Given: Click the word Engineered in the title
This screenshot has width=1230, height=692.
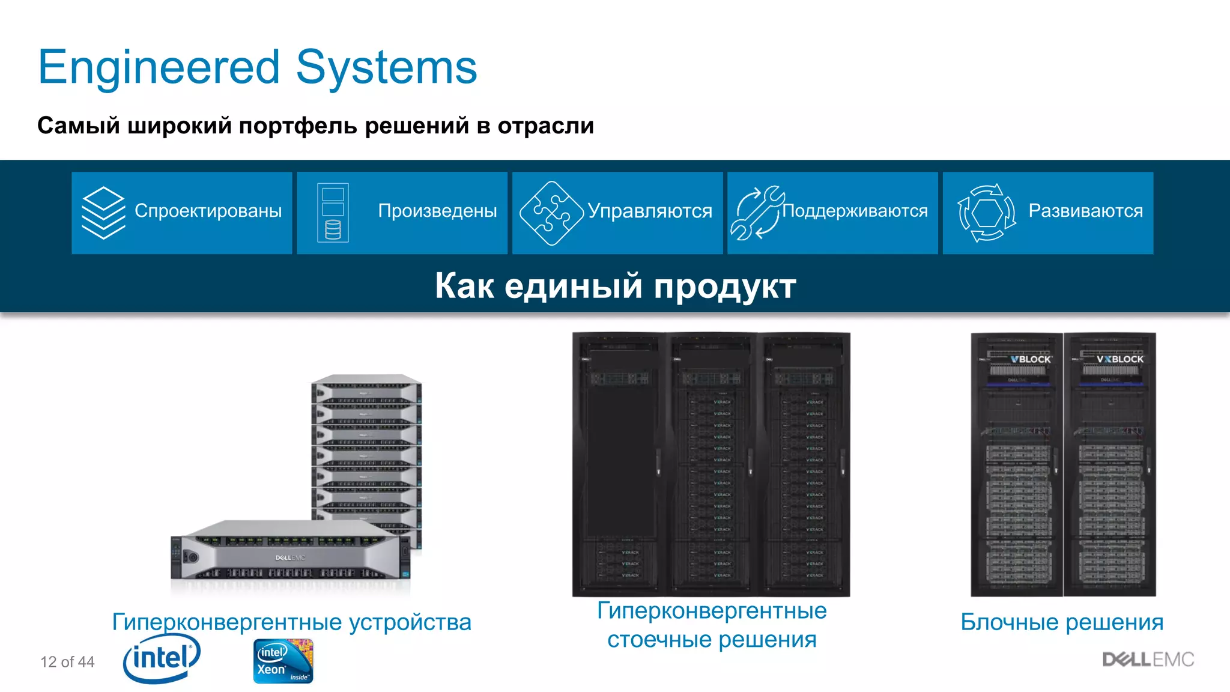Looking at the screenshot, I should coord(159,67).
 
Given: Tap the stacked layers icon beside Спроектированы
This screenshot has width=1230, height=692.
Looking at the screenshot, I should coord(103,213).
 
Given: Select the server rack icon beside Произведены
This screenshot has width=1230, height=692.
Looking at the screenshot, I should coord(333,213).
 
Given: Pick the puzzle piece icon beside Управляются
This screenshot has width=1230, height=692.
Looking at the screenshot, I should coord(551,213).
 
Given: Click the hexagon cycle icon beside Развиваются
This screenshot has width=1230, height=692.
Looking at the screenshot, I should coord(987,213).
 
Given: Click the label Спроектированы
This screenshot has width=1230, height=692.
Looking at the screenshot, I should coord(208,211).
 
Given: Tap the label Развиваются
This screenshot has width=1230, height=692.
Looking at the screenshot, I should coord(1085,211).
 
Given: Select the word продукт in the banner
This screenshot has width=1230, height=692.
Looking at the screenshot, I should coord(725,286).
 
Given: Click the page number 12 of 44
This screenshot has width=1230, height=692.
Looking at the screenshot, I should coord(67,662).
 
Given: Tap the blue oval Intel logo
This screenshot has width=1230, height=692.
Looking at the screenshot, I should coord(161,659).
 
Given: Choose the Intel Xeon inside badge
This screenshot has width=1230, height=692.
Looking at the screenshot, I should coord(283,661).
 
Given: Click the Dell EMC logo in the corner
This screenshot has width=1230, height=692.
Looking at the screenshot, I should coord(1148,660).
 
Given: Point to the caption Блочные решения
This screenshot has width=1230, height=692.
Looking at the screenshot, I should coord(1062,622).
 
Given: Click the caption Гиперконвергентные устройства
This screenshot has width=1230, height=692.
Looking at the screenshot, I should coord(292,622).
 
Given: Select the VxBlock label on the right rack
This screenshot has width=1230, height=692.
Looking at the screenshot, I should coord(1120,359).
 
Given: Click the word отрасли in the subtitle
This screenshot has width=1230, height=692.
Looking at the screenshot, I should coord(545,126).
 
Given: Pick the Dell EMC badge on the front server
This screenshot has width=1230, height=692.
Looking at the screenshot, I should coord(290,558).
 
